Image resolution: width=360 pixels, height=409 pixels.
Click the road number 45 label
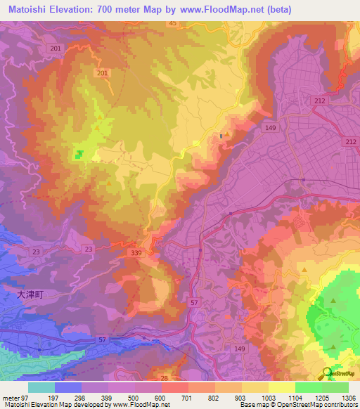pyautogui.click(x=172, y=24)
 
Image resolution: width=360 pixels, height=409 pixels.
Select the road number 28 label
pyautogui.click(x=165, y=379)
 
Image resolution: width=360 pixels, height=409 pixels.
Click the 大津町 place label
pyautogui.click(x=30, y=296)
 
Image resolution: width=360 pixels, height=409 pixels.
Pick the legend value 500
pyautogui.click(x=135, y=397)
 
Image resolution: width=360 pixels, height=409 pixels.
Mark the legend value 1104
pyautogui.click(x=295, y=397)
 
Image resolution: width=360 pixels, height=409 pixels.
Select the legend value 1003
pyautogui.click(x=268, y=397)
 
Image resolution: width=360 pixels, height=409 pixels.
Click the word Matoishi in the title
pyautogui.click(x=25, y=10)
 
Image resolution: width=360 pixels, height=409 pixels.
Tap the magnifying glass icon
pyautogui.click(x=328, y=373)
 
